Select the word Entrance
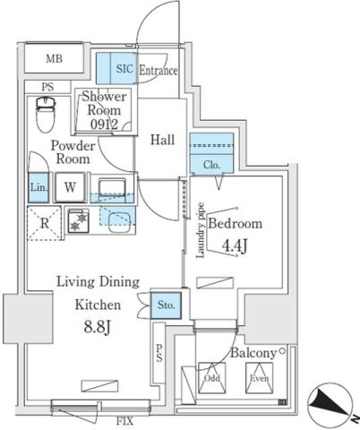157,72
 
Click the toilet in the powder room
45,113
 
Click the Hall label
162,139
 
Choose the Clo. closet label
211,164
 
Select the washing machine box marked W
70,189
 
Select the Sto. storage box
167,305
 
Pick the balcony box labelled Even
259,378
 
